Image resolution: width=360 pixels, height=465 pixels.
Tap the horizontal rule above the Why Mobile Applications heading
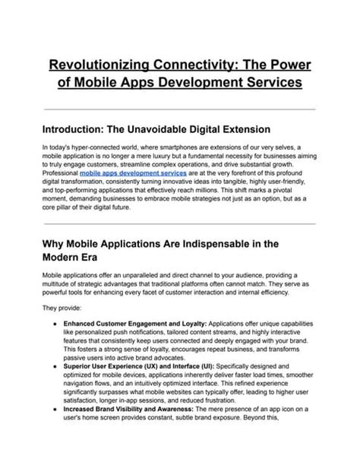(179, 223)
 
